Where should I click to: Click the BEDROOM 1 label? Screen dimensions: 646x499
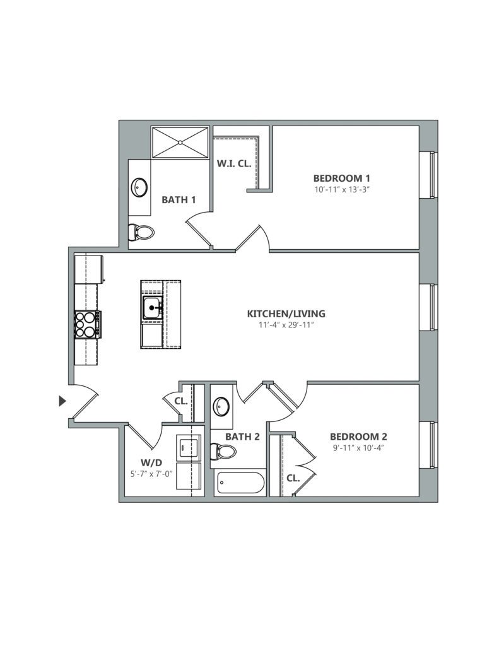coord(341,178)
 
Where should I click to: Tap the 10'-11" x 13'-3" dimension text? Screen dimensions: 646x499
coord(341,189)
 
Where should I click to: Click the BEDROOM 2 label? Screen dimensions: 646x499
coord(358,437)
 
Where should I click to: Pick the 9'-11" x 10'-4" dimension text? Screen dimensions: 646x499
coord(358,448)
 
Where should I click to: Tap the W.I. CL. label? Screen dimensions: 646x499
coord(234,163)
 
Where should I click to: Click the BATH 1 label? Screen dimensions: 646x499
coord(179,200)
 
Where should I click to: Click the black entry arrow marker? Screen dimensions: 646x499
coord(62,401)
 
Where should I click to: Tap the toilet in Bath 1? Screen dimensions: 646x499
coord(141,232)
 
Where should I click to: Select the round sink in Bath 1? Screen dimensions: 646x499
coord(139,187)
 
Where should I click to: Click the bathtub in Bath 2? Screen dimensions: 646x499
coord(240,484)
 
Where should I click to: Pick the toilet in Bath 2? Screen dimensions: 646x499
coord(223,451)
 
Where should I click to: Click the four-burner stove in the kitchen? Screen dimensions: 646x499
coord(86,325)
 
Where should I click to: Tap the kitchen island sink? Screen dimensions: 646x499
coord(152,308)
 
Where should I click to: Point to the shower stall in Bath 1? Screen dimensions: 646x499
coord(180,143)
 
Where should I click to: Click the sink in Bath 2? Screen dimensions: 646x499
coord(221,406)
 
